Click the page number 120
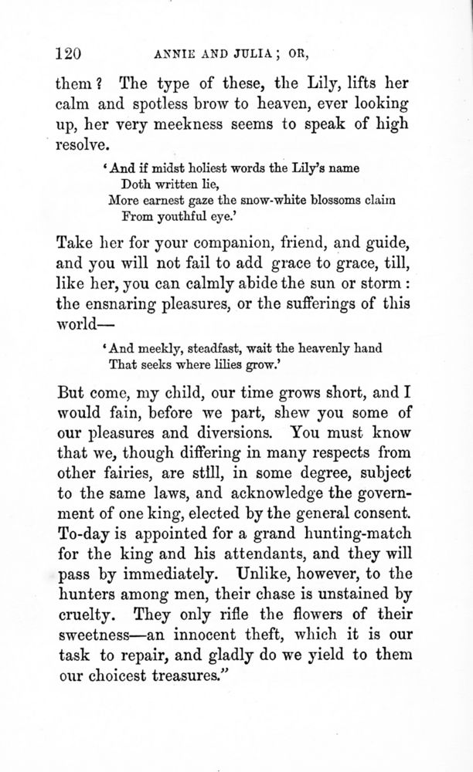tap(69, 53)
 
